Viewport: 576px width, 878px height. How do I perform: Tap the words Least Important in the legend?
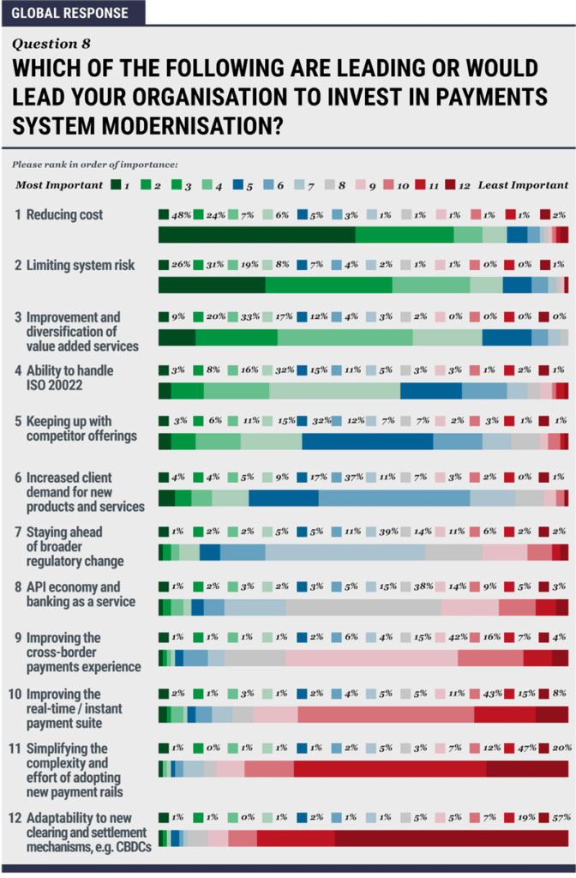[523, 184]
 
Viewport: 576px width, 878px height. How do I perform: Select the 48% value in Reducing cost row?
[179, 214]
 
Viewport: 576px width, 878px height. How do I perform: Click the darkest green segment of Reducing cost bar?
[256, 236]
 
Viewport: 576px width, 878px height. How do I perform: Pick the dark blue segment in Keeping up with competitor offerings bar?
[367, 442]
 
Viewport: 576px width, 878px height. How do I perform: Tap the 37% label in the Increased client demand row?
[352, 477]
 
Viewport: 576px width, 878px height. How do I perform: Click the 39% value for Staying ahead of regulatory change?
[387, 531]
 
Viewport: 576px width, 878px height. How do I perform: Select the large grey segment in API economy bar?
[363, 607]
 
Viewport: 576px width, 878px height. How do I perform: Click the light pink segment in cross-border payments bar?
[371, 658]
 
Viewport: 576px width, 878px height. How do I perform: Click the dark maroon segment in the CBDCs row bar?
[451, 839]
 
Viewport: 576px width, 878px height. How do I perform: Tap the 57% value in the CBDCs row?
[561, 817]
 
